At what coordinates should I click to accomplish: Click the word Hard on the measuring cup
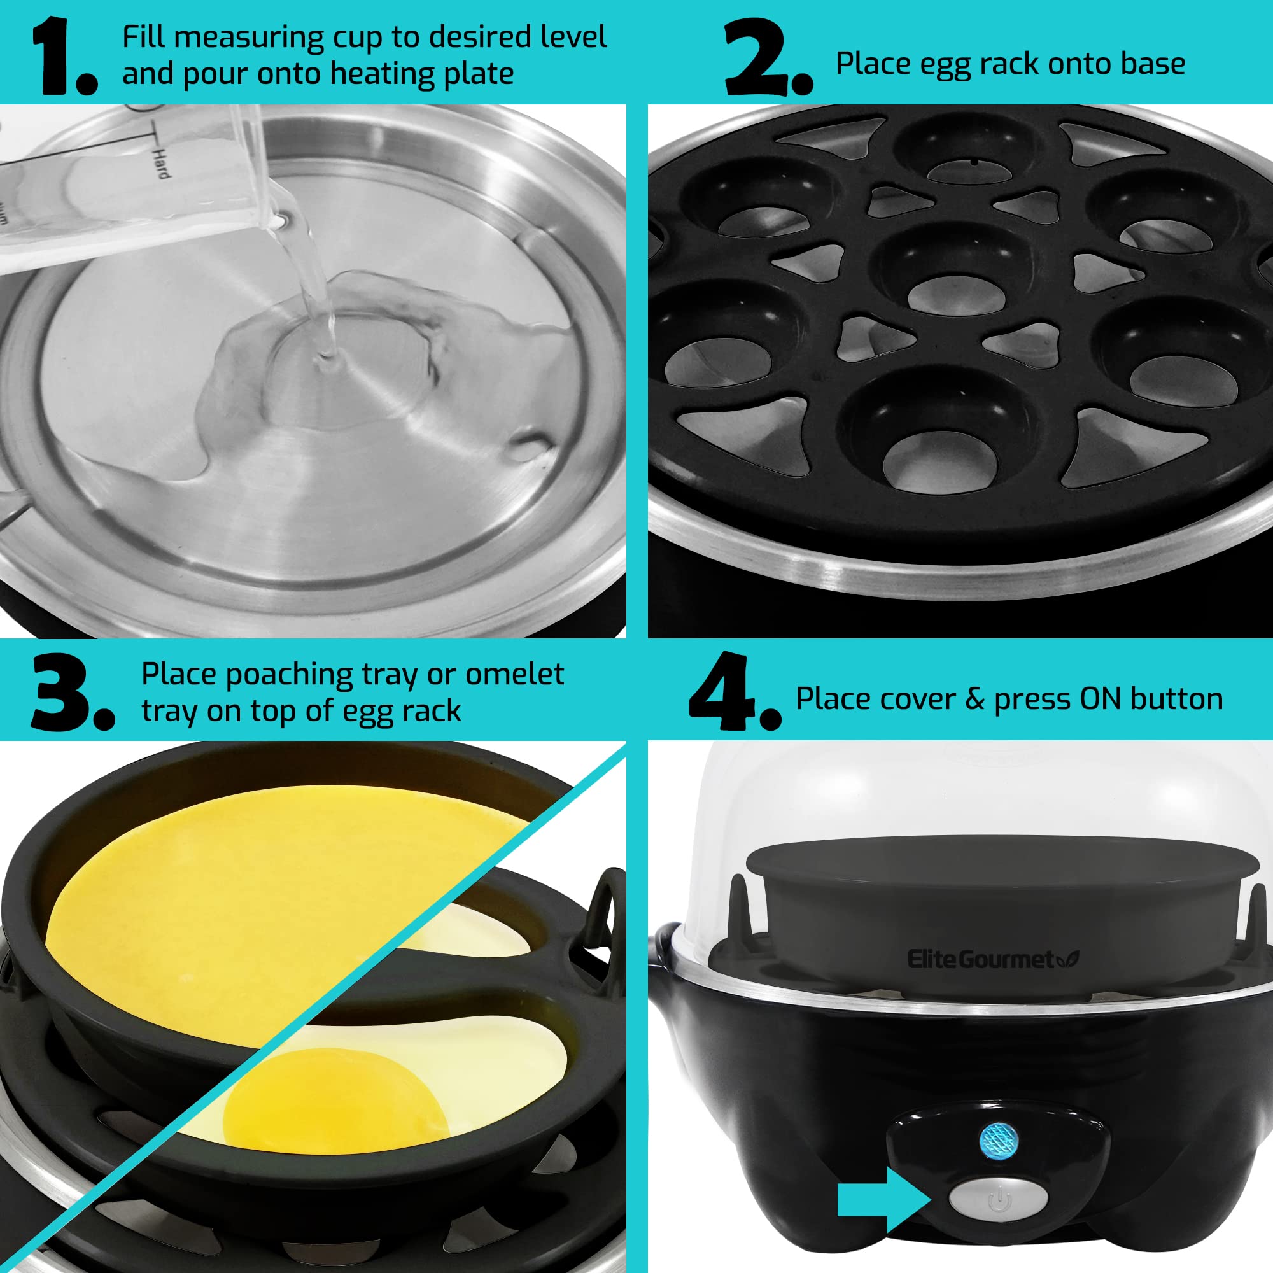[x=160, y=163]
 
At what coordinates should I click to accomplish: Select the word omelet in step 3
[x=514, y=674]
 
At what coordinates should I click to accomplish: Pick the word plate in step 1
[x=479, y=73]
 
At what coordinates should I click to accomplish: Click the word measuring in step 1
[x=250, y=38]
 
